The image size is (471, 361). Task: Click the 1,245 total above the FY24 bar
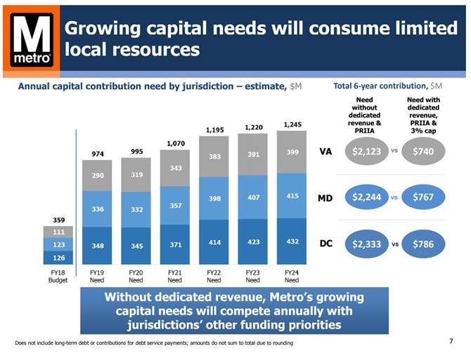[292, 124]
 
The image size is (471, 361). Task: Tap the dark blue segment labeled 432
[292, 241]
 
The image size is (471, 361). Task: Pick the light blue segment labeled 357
[176, 205]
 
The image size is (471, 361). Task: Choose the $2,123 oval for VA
[366, 151]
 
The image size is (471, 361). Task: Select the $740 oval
[423, 151]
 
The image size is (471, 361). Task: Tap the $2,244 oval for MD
[366, 197]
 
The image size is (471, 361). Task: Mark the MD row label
[325, 198]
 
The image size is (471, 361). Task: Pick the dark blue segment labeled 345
[136, 246]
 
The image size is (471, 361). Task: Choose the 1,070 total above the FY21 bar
[176, 143]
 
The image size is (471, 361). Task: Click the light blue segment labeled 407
[253, 197]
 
